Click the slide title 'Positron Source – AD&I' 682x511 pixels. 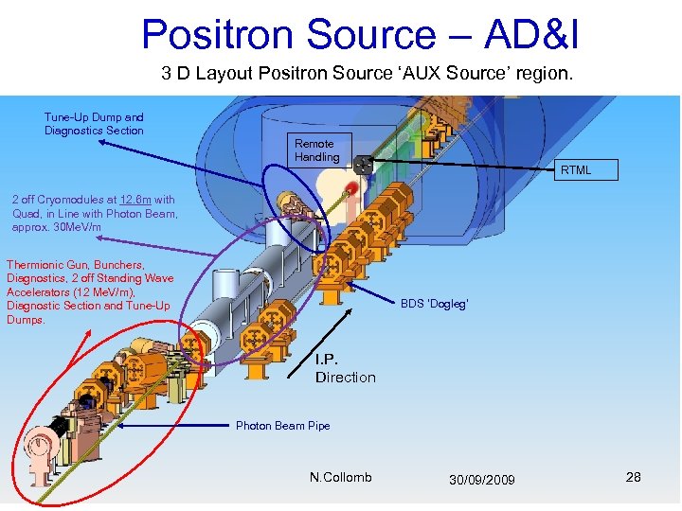pyautogui.click(x=360, y=34)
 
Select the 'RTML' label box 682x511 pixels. pyautogui.click(x=575, y=170)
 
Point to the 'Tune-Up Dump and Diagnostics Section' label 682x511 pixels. pyautogui.click(x=94, y=124)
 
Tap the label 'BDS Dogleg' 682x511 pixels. pyautogui.click(x=434, y=304)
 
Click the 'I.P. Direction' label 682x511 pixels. pyautogui.click(x=345, y=369)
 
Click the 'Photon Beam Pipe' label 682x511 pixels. pyautogui.click(x=282, y=426)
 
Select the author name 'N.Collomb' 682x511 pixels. pyautogui.click(x=340, y=477)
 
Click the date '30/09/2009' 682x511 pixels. pyautogui.click(x=483, y=480)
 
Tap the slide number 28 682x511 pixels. pyautogui.click(x=633, y=477)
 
